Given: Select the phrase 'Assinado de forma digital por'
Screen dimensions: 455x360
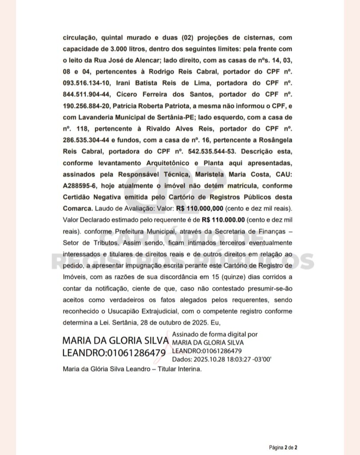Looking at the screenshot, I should [x=214, y=335].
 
